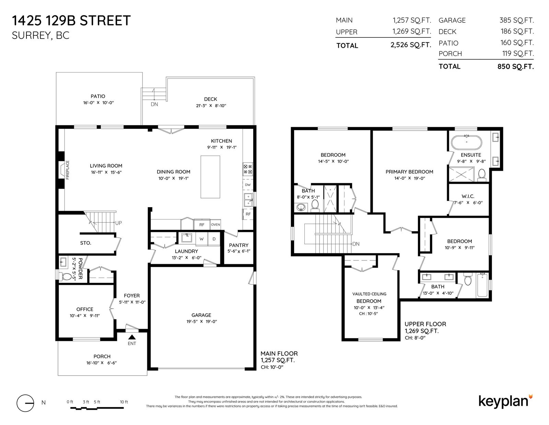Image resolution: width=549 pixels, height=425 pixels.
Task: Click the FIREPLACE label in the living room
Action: (x=68, y=170)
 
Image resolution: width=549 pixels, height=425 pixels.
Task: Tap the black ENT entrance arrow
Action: (x=132, y=337)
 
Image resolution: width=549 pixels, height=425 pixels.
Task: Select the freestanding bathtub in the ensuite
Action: (x=466, y=142)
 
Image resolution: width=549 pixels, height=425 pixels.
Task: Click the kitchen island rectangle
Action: (x=210, y=177)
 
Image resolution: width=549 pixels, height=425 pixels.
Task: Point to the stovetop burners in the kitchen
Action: (x=248, y=169)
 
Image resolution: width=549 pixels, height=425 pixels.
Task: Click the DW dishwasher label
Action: (x=248, y=185)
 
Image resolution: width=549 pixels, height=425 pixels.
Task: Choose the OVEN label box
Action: (x=215, y=224)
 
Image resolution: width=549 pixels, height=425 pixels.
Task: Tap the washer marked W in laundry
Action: (x=202, y=239)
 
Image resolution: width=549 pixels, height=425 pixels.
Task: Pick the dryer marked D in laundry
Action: (x=214, y=239)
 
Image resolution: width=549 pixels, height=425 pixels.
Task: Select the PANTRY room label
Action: (x=239, y=245)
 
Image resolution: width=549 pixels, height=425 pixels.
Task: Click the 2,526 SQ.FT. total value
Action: (x=411, y=45)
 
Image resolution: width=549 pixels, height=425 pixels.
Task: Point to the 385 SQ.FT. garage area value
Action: (x=517, y=20)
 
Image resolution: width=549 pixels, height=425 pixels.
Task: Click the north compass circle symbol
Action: (x=25, y=403)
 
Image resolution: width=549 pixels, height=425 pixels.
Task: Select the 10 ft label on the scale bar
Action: (x=124, y=402)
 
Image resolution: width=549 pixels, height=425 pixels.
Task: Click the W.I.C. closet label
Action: (x=468, y=196)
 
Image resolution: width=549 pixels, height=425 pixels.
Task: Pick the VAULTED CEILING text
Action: (x=369, y=294)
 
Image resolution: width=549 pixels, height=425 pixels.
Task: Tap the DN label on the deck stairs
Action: (x=154, y=104)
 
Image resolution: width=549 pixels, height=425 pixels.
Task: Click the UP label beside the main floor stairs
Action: (x=118, y=223)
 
